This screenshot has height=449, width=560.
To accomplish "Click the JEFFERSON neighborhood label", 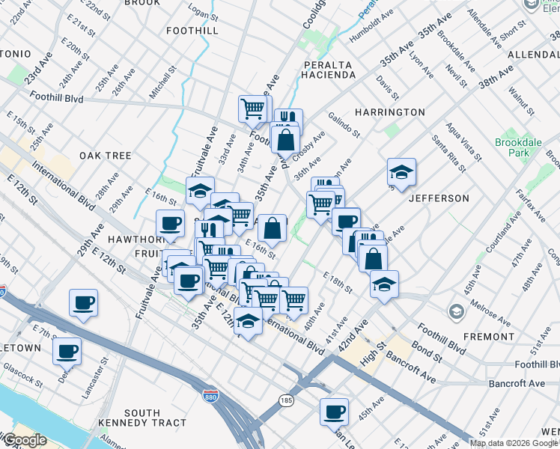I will coord(439,198).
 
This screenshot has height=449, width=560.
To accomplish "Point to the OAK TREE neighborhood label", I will coord(106,156).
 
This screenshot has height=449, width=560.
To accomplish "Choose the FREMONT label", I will coord(488,337).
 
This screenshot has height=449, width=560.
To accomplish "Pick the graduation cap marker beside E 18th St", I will coord(384,284).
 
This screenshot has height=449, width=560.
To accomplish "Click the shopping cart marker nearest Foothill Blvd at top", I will coord(253,109).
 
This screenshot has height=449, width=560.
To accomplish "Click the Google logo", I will coord(25,440).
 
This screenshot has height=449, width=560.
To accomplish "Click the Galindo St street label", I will coord(344,125).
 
